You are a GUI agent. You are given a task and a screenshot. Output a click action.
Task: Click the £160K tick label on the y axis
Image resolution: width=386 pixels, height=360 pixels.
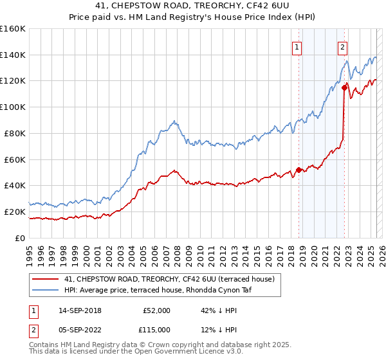pyautogui.click(x=13, y=29)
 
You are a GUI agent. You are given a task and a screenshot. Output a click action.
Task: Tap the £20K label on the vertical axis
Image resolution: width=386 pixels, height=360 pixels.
pyautogui.click(x=15, y=212)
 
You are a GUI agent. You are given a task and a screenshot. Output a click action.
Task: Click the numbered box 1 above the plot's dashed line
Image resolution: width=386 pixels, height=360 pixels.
pyautogui.click(x=297, y=46)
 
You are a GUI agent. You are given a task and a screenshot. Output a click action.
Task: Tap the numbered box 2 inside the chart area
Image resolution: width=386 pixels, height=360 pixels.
pyautogui.click(x=342, y=46)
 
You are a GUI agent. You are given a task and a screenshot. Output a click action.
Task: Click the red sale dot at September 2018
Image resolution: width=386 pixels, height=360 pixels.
pyautogui.click(x=299, y=170)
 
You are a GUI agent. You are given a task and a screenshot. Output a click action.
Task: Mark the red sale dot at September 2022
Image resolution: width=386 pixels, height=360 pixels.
pyautogui.click(x=345, y=87)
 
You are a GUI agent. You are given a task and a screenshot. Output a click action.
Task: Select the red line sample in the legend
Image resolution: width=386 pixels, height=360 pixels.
pyautogui.click(x=46, y=279)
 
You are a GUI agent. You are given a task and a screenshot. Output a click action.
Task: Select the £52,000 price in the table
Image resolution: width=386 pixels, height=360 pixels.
pyautogui.click(x=156, y=310)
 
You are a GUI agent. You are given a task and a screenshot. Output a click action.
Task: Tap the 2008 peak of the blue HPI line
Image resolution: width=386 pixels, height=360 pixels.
pyautogui.click(x=174, y=120)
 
